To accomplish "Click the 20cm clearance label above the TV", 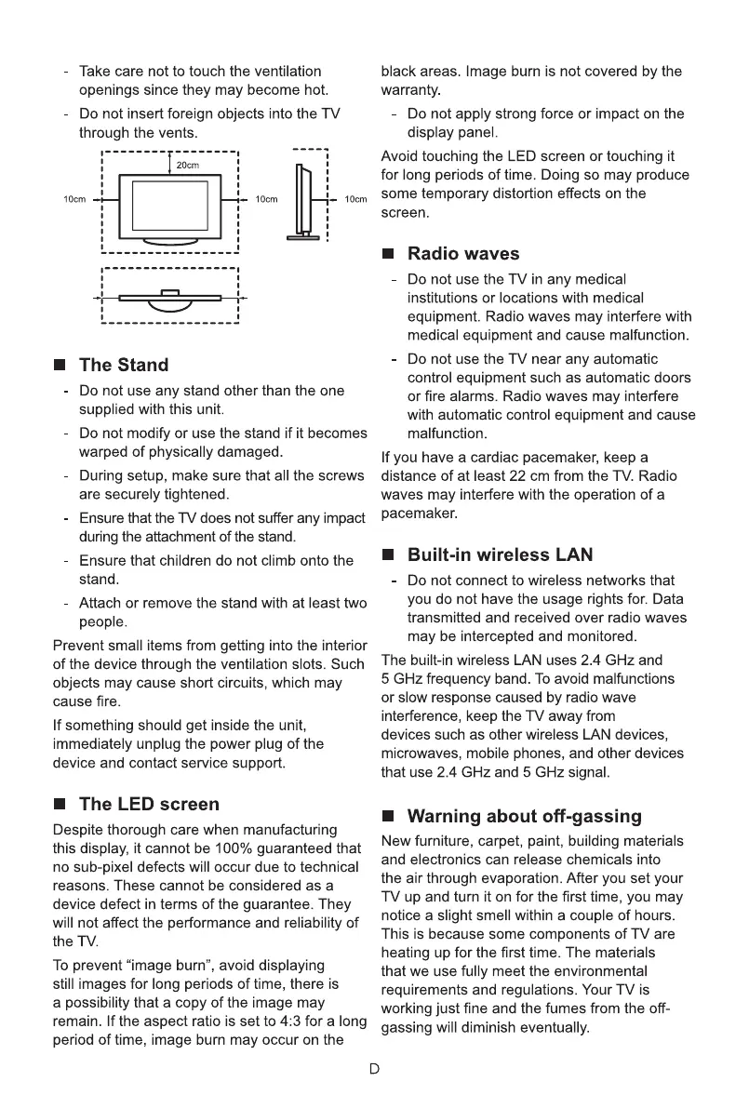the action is click(x=189, y=166).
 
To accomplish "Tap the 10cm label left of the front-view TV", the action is click(x=74, y=200).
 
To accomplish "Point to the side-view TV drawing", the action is click(x=301, y=201).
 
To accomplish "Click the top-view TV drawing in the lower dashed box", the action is click(x=169, y=297).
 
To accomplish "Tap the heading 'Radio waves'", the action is click(x=463, y=254).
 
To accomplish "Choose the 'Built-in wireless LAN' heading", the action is click(x=500, y=555).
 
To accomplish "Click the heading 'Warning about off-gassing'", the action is click(x=525, y=817).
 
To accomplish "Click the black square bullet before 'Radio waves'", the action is click(x=389, y=255).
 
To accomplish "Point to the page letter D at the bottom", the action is click(x=374, y=1069).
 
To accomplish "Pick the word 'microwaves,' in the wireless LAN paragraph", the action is click(x=422, y=754).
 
